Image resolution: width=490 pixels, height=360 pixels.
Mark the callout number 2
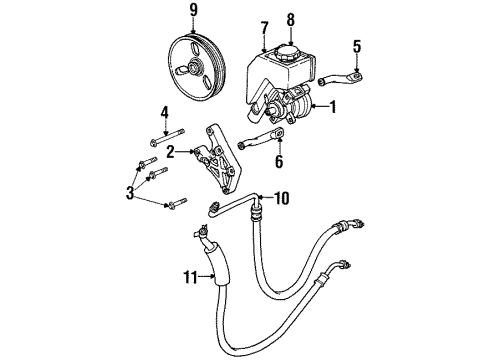click(171, 152)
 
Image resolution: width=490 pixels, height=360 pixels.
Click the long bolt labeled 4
click(174, 137)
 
